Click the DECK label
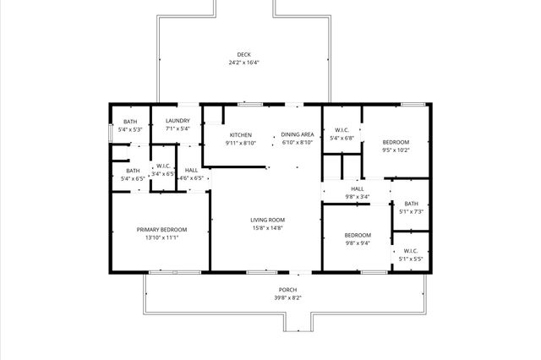243,56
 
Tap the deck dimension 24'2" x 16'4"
243,63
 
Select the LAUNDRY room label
178,121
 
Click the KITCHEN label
241,134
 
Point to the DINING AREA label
298,134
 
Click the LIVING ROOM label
267,221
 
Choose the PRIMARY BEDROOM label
162,230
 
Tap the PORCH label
288,290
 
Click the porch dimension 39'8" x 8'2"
288,297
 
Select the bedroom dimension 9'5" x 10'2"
396,150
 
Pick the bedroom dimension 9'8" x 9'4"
357,243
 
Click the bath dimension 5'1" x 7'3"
411,211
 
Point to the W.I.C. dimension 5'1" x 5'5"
411,259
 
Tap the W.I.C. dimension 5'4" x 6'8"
342,138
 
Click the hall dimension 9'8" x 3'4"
358,196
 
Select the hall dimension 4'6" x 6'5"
192,178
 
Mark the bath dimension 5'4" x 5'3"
130,130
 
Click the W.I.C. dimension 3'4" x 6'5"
163,174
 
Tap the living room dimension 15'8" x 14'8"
267,228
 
